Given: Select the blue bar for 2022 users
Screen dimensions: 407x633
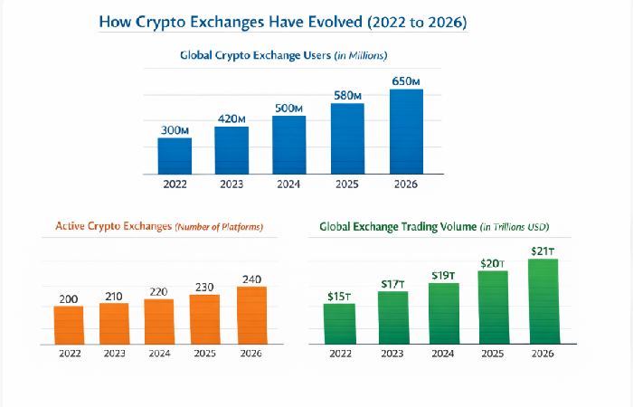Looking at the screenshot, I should (175, 156).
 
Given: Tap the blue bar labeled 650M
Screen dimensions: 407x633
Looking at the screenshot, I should (406, 131).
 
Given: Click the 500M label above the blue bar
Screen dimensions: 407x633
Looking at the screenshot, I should (289, 107).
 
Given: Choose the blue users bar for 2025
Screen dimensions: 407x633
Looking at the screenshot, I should (347, 138).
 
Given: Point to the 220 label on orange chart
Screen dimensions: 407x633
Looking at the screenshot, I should (159, 292).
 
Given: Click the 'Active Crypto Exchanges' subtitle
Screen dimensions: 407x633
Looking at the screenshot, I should (158, 226).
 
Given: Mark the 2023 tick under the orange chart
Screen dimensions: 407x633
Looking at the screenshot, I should (114, 353).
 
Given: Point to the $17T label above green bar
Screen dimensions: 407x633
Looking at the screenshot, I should (393, 283).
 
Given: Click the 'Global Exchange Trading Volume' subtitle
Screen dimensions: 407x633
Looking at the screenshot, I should (434, 226).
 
